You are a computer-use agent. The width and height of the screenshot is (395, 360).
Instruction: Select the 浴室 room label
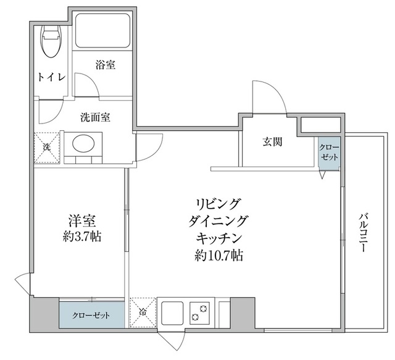click(x=105, y=64)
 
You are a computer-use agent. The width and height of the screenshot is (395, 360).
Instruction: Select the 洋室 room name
click(x=81, y=220)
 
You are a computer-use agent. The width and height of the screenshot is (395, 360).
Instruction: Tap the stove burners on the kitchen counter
click(x=199, y=312)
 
